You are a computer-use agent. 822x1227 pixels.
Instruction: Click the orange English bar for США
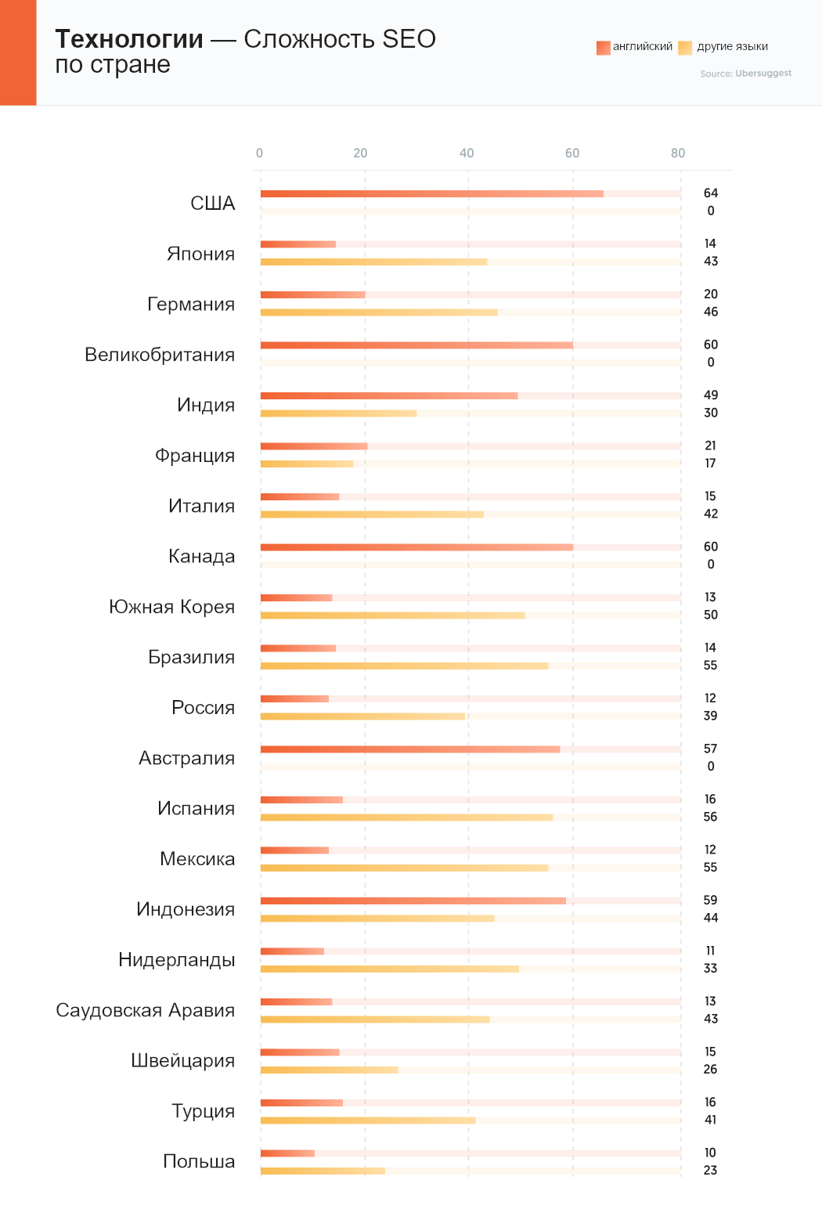click(431, 193)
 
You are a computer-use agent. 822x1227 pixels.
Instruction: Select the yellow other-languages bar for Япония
click(373, 262)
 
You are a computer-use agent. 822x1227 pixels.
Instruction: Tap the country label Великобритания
click(160, 355)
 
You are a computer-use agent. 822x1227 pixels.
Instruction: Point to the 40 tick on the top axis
click(467, 153)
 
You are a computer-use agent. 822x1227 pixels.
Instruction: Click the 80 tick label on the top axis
click(678, 153)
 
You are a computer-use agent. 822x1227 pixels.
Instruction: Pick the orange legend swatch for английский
click(603, 48)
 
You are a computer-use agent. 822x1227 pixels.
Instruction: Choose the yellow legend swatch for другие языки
click(685, 48)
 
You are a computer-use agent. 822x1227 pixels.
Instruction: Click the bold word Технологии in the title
click(129, 39)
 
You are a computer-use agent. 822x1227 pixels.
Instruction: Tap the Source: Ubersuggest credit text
click(745, 74)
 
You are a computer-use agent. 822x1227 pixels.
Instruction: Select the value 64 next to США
click(711, 193)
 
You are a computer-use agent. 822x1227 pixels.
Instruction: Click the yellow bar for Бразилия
click(404, 666)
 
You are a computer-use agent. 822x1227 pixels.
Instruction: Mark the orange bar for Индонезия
click(413, 901)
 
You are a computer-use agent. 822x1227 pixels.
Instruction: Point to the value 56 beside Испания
click(710, 817)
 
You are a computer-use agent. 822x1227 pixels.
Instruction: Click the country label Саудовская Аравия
click(145, 1010)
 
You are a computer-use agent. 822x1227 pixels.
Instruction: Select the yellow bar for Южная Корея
click(392, 615)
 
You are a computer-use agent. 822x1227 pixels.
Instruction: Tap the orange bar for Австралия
click(409, 749)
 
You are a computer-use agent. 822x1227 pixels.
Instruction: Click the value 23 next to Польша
click(710, 1171)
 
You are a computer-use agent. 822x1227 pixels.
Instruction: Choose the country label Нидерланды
click(176, 960)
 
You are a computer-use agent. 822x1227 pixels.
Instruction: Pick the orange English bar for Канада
click(416, 547)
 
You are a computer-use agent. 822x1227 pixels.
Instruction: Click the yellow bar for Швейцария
click(329, 1070)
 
